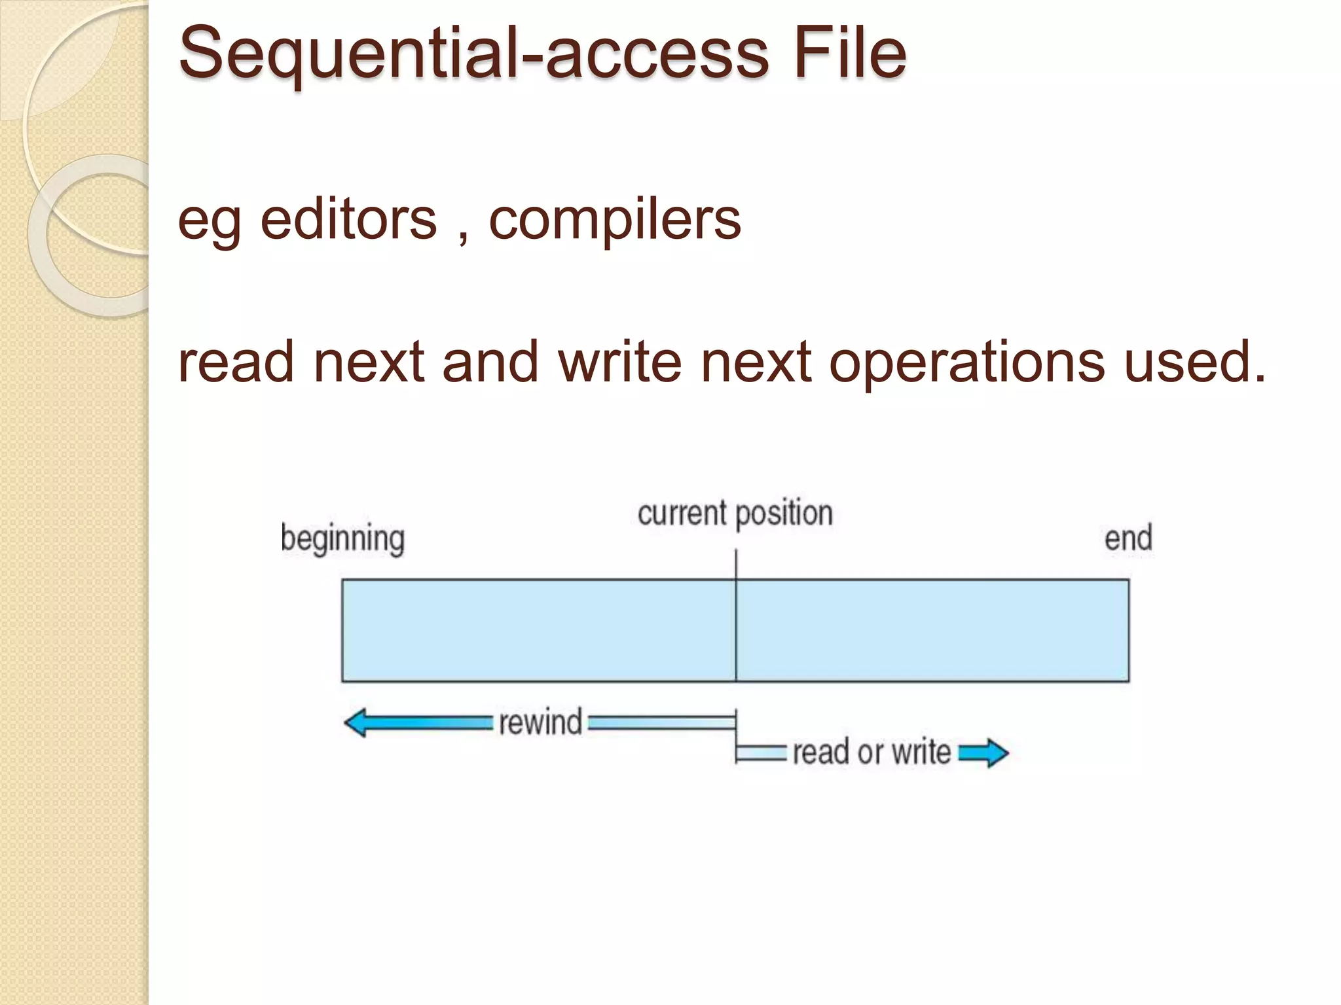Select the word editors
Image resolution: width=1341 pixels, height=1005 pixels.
click(348, 220)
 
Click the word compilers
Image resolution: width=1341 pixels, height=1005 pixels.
click(615, 221)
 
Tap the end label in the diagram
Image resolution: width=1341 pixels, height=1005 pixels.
click(1128, 538)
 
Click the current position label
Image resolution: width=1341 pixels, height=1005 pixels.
click(735, 514)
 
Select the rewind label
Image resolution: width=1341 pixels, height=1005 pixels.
click(540, 722)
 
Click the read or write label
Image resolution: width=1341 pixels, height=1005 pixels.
click(872, 752)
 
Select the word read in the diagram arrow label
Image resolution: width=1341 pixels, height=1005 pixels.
click(820, 752)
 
